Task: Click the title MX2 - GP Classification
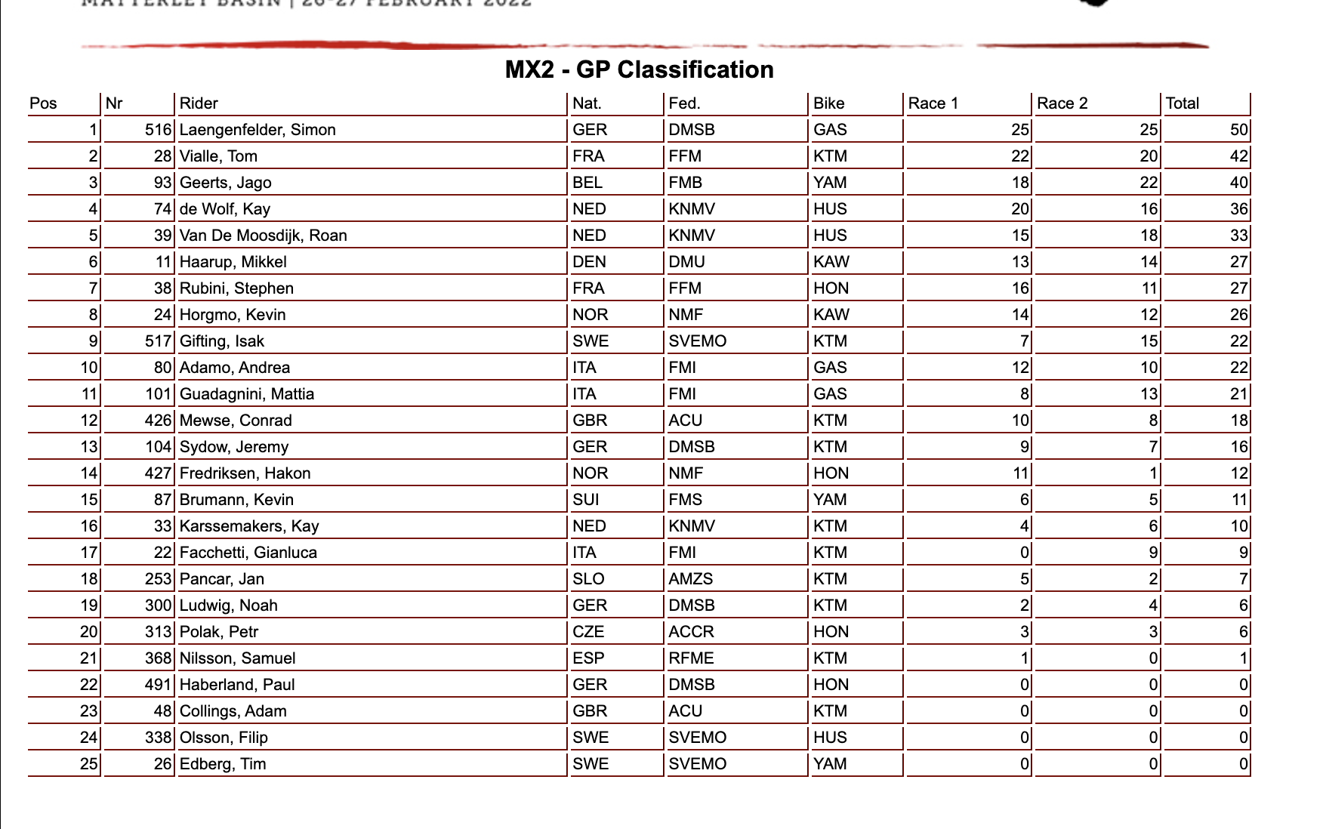(x=639, y=69)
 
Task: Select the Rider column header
(x=199, y=103)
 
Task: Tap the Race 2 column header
(x=1062, y=103)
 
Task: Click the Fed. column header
(x=684, y=103)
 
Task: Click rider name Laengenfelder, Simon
(x=258, y=130)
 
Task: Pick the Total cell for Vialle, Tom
(x=1238, y=156)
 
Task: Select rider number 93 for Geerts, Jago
(x=162, y=183)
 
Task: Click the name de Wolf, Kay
(x=224, y=209)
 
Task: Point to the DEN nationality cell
(x=589, y=262)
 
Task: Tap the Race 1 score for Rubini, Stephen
(x=1020, y=288)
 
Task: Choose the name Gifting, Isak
(x=221, y=341)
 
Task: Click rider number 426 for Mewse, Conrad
(x=158, y=421)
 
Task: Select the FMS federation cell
(x=685, y=500)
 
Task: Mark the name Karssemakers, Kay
(x=249, y=526)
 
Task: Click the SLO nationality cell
(x=588, y=579)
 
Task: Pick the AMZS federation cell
(x=690, y=579)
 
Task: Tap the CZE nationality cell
(x=588, y=632)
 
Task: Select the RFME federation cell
(x=691, y=658)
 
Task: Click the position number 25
(x=89, y=764)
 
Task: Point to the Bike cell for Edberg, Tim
(x=830, y=764)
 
